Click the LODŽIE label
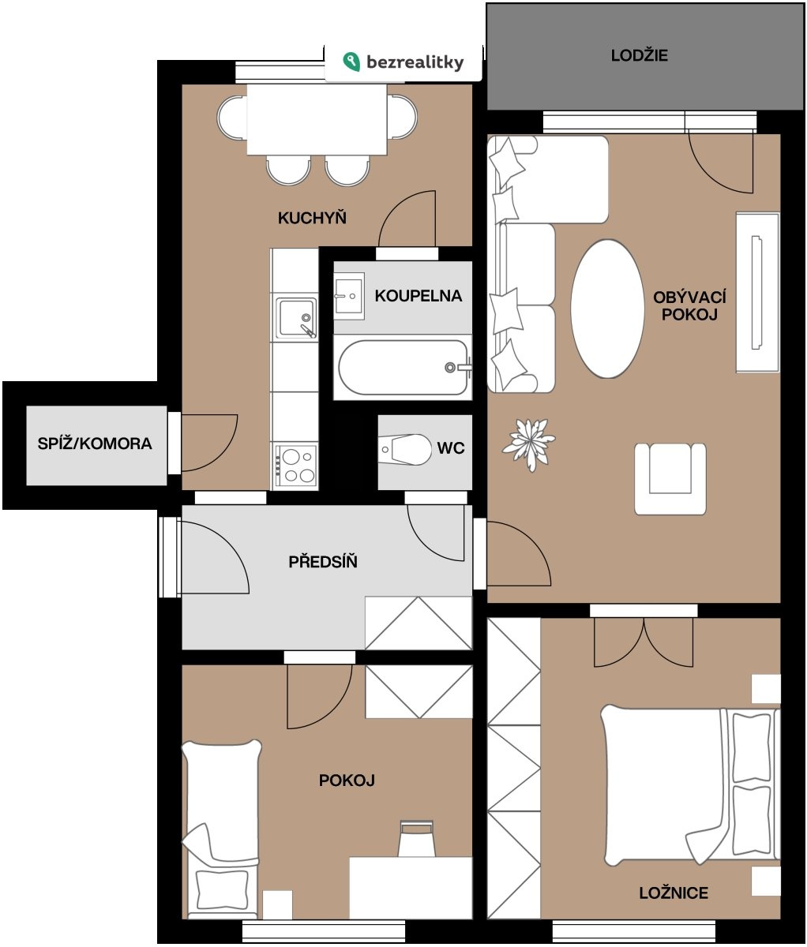pos(639,55)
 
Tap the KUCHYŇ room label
pos(312,218)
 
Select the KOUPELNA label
pos(419,296)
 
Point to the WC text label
pos(451,448)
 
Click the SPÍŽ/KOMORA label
pos(95,444)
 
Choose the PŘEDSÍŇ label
pos(323,561)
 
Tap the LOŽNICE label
pos(674,893)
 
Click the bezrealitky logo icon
pos(351,62)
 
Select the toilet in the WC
pos(405,450)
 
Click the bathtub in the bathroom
pos(403,368)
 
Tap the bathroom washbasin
pos(349,296)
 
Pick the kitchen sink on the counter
pos(296,317)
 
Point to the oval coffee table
pos(607,309)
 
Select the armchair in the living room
pos(670,479)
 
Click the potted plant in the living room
pos(529,444)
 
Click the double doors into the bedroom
pos(644,642)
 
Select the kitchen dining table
pos(317,119)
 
